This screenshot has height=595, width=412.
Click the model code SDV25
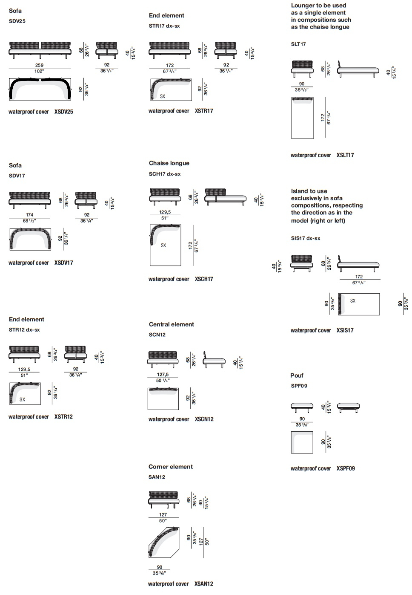(x=17, y=21)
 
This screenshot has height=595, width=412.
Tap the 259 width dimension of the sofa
(x=39, y=65)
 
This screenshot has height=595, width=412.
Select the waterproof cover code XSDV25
(x=64, y=112)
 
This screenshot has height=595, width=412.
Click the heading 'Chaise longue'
(x=169, y=163)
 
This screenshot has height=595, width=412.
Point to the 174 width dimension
(x=29, y=215)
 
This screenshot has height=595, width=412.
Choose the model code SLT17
(x=298, y=44)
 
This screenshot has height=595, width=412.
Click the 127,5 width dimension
(x=163, y=374)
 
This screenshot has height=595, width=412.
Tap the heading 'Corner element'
(x=171, y=467)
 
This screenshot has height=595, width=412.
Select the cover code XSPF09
(x=346, y=468)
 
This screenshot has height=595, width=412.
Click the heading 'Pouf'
(x=297, y=375)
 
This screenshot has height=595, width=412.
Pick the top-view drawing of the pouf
(x=302, y=442)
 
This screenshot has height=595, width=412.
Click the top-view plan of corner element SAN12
(x=164, y=543)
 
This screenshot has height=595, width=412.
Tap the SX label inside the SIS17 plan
(x=352, y=300)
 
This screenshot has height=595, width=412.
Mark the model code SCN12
(x=157, y=335)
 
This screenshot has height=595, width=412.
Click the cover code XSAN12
(x=204, y=583)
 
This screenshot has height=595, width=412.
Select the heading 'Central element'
(x=172, y=324)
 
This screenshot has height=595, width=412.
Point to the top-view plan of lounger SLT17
(x=302, y=118)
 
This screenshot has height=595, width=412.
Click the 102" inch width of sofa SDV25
(x=39, y=71)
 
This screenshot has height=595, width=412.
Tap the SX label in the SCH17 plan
(x=163, y=246)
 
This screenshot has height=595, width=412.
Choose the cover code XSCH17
(x=204, y=279)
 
